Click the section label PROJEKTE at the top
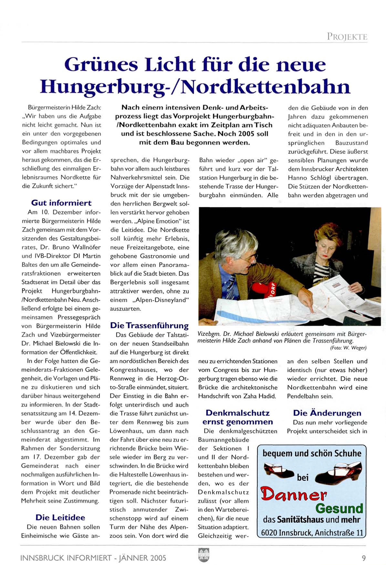(x=347, y=36)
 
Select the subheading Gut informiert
(x=61, y=203)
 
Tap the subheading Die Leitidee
(x=60, y=517)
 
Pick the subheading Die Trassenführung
(x=149, y=325)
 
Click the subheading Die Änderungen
(x=327, y=413)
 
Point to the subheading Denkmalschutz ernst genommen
(x=237, y=418)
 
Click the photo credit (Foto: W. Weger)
(x=348, y=348)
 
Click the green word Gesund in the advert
(x=339, y=509)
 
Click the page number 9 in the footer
(x=364, y=558)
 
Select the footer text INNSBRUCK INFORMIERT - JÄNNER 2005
(x=93, y=558)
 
